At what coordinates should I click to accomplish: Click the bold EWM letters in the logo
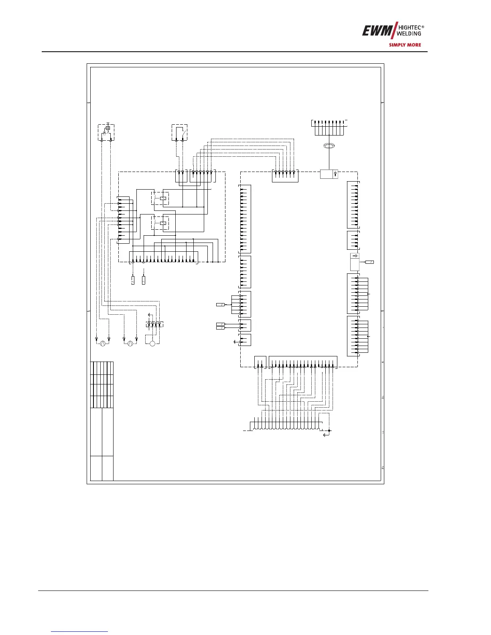click(377, 30)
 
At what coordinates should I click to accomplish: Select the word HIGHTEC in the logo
click(410, 28)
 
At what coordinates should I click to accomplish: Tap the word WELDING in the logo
click(409, 34)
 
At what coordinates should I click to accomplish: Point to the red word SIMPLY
click(396, 45)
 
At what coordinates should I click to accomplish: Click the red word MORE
click(413, 45)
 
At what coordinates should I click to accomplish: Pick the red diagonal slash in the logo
click(395, 30)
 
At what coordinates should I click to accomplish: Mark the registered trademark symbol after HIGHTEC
click(423, 26)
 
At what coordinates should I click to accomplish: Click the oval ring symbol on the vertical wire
click(329, 146)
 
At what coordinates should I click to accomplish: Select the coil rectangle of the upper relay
click(163, 198)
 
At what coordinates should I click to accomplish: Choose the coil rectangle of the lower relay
click(163, 223)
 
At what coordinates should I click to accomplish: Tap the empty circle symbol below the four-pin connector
click(152, 344)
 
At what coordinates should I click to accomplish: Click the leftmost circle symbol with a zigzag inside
click(102, 344)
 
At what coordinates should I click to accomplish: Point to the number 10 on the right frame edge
click(383, 398)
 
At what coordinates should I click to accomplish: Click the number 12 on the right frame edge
click(383, 468)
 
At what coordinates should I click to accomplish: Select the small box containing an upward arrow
click(335, 174)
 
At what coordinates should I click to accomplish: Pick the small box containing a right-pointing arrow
click(355, 256)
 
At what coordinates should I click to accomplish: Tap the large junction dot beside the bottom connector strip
click(329, 431)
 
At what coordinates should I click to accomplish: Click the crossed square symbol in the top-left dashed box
click(108, 128)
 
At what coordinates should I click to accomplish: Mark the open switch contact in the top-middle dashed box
click(184, 133)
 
